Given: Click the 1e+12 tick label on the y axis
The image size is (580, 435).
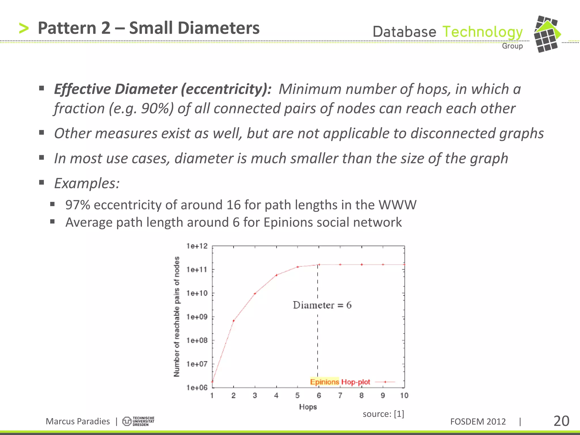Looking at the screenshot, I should [197, 246].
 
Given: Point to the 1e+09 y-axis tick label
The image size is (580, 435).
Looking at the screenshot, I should [197, 317].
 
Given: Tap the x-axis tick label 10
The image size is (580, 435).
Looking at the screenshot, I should [404, 395].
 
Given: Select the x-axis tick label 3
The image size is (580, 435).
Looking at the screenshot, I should [255, 395].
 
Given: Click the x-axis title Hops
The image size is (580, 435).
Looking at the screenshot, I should [308, 407].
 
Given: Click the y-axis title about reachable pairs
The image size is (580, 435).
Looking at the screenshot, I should [176, 317].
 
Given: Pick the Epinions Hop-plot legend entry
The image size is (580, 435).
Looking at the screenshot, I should [340, 382].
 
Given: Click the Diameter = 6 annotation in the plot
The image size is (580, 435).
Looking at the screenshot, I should [322, 305].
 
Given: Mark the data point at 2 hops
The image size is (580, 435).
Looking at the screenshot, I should [234, 321].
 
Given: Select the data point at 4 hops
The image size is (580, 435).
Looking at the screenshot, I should [276, 275].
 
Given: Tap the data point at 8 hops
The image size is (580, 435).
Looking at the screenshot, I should [362, 265].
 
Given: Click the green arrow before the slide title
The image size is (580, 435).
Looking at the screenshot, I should [24, 28].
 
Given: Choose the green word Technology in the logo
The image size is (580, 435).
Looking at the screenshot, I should [482, 32].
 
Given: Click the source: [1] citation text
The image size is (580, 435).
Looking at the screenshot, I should [383, 414].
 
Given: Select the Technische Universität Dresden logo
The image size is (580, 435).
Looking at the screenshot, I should [138, 421].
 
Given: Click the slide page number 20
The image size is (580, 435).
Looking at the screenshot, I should [561, 421].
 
